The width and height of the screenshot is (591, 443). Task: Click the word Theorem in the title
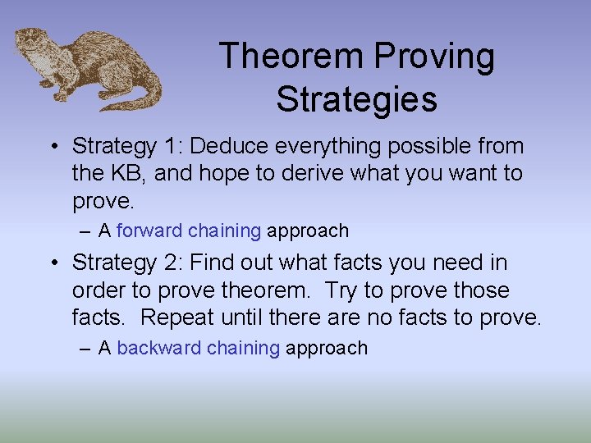[291, 57]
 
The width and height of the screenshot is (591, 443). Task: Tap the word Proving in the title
[434, 57]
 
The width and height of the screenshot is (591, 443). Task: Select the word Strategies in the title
[356, 99]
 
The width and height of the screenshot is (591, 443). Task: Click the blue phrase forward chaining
[189, 231]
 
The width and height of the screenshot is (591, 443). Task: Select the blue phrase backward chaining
[198, 348]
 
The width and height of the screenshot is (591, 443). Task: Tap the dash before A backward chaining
[86, 349]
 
